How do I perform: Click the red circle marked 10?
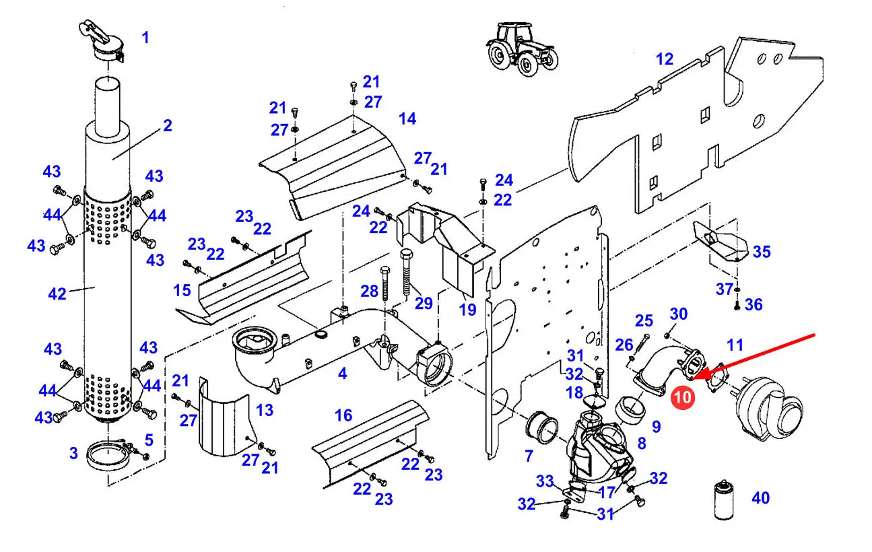682,397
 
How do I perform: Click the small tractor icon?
522,45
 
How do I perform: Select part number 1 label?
145,37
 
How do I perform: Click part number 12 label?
664,59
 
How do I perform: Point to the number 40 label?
760,498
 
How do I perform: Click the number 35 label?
762,252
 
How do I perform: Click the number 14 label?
407,118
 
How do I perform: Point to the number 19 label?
467,310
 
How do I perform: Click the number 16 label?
343,415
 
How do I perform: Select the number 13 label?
265,409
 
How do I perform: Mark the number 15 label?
182,290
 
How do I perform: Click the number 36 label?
753,304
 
